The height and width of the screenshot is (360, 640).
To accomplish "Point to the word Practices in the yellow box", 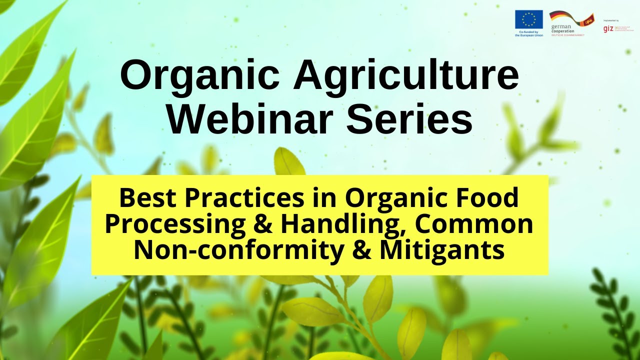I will [x=243, y=198].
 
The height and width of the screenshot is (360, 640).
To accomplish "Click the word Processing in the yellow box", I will [x=174, y=225].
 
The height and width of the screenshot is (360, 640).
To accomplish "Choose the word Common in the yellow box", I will [x=474, y=225].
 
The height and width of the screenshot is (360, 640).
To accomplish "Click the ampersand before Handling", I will [x=263, y=225].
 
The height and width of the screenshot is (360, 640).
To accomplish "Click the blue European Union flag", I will [x=528, y=19].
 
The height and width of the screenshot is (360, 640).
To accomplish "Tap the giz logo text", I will [x=608, y=28].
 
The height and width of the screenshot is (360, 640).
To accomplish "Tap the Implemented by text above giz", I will [x=611, y=20].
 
